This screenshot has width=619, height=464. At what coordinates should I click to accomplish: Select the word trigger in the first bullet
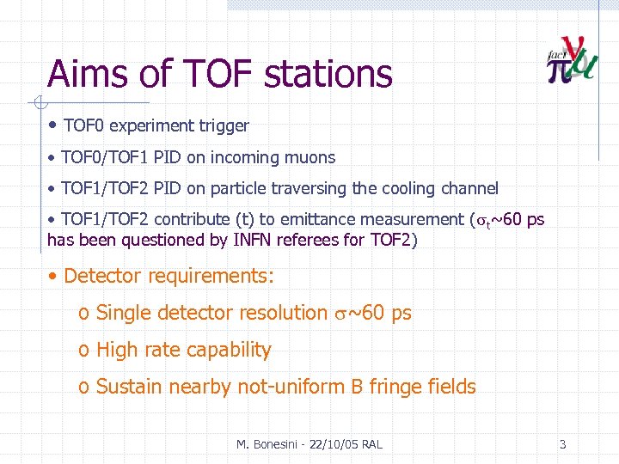click(223, 126)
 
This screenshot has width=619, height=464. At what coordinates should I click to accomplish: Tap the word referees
click(309, 240)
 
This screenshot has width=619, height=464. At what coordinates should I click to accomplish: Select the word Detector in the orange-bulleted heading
click(102, 277)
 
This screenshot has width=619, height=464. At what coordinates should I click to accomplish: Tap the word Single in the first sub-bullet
click(125, 314)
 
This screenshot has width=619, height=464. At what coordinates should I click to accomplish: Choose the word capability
click(229, 351)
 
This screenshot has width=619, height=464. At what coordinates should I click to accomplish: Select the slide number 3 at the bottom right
click(562, 444)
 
